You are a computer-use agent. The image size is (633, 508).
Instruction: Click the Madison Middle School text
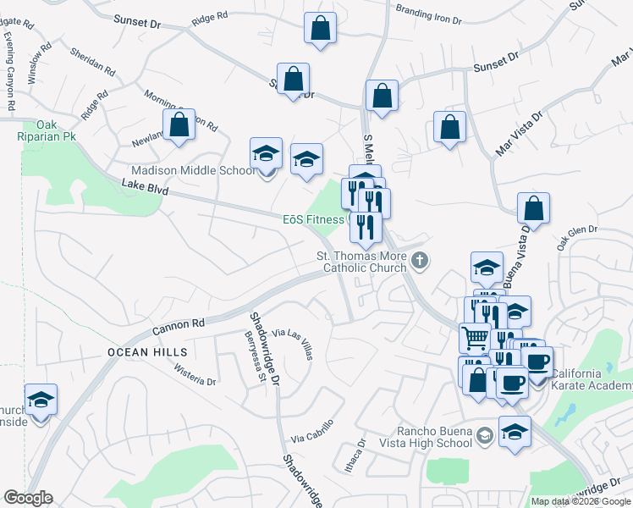192,170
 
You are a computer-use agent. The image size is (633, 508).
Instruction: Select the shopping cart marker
475,337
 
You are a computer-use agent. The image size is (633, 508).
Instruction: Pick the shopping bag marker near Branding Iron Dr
321,28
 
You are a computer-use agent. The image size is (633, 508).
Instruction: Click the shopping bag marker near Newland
179,124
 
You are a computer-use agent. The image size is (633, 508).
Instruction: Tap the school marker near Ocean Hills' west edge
41,399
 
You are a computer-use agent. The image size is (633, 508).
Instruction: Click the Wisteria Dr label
194,375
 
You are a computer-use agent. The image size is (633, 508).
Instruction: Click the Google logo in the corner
28,498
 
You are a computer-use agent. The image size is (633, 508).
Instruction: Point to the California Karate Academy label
589,380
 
